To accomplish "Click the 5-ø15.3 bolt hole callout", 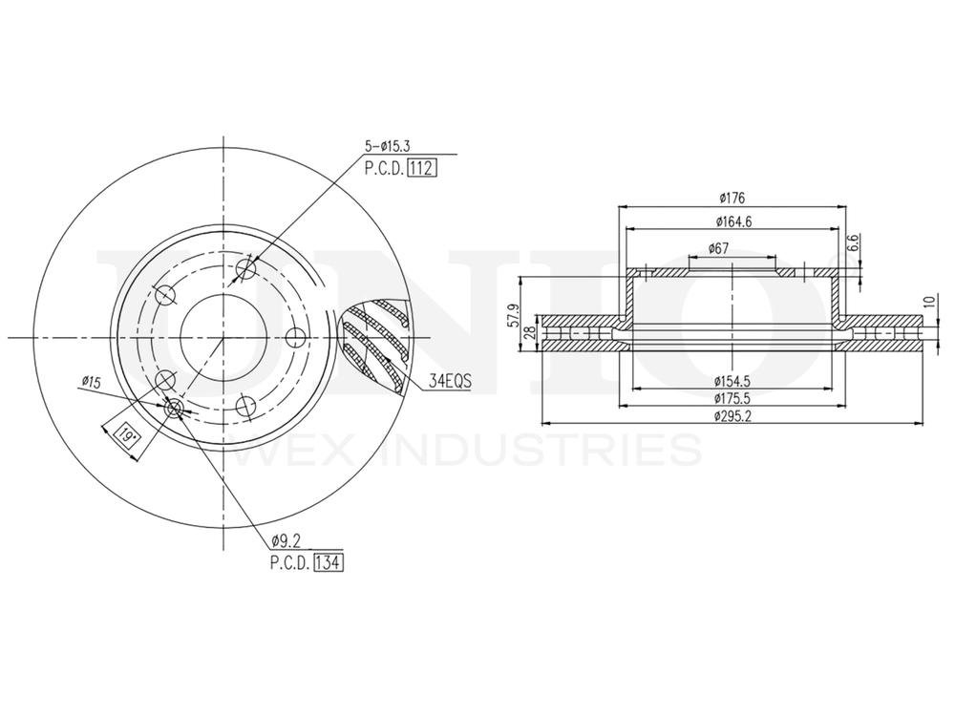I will pos(389,146).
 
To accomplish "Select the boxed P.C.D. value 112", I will pos(421,169).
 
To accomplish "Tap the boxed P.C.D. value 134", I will pos(328,562).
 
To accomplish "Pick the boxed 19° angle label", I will pos(125,435).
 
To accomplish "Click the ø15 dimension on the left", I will pos(91,382).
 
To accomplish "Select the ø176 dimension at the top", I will pos(732,198).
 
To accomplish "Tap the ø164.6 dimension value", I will pos(732,221).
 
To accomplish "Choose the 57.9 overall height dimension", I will pos(513,314).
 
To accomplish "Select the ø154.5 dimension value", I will pos(732,380).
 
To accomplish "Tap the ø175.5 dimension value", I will pos(732,398).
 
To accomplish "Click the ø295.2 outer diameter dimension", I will pos(732,416).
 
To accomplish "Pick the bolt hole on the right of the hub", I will pos(295,337).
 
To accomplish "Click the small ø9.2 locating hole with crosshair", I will pos(175,409).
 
